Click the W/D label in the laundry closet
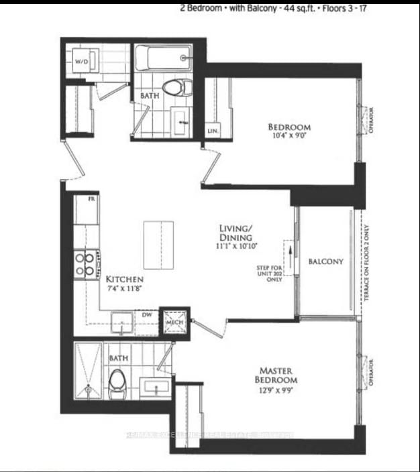81,62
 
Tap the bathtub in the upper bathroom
162,58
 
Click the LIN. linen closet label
212,130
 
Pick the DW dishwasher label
146,313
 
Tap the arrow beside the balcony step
290,254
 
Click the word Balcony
326,261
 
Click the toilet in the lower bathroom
117,381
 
